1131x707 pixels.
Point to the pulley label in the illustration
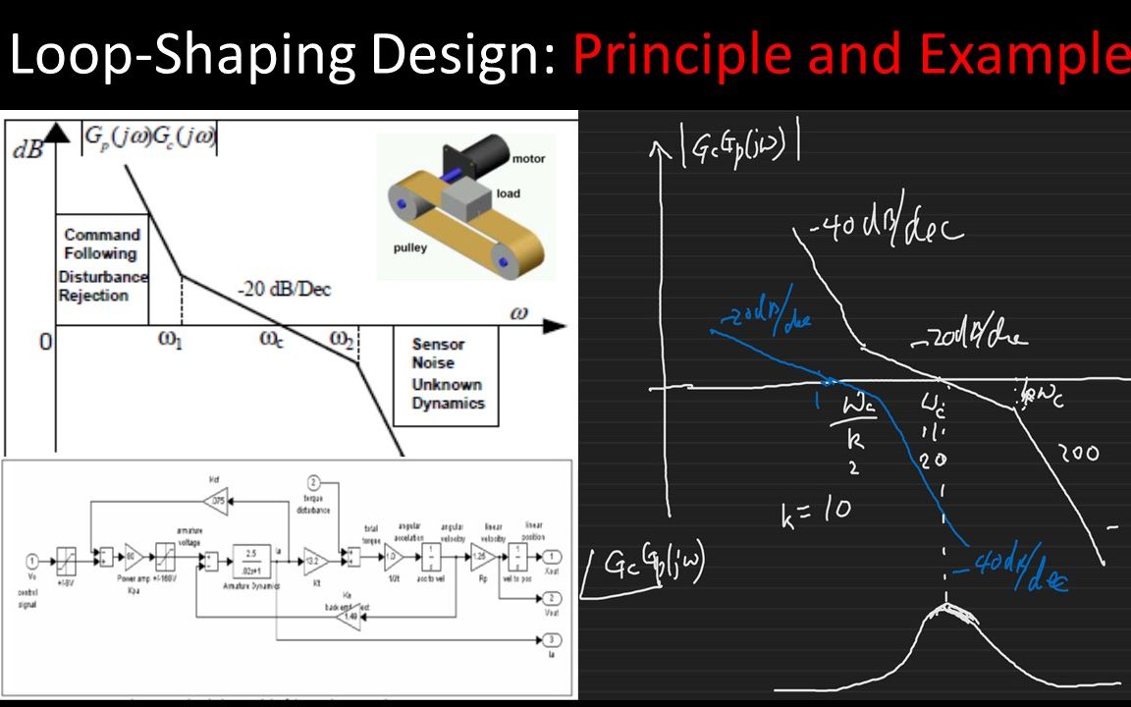coord(410,247)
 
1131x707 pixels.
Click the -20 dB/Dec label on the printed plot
coord(284,290)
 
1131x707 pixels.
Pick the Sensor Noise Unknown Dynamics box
coord(447,374)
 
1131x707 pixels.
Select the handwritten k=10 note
coord(816,511)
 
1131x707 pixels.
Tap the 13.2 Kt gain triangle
coord(315,560)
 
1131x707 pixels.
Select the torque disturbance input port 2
coord(314,482)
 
